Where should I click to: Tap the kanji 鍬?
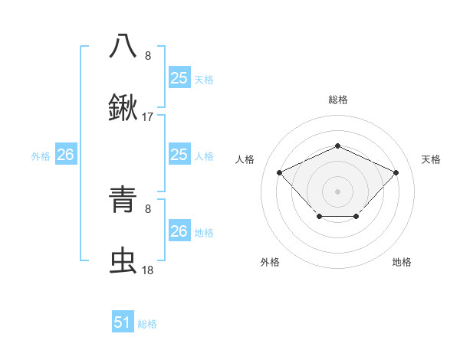[x=123, y=109]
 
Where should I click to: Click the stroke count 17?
[x=148, y=117]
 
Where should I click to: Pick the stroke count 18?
[x=148, y=270]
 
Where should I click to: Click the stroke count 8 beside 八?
[x=148, y=55]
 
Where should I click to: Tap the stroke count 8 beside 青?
[x=148, y=208]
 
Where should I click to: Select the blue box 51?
[x=123, y=322]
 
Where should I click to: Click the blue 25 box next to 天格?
[x=179, y=78]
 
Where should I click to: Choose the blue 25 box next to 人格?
[x=179, y=155]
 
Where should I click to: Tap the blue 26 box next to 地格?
[x=179, y=231]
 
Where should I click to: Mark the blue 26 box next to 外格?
[x=65, y=155]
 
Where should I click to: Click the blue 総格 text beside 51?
[x=147, y=324]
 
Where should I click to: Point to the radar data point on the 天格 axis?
[x=396, y=172]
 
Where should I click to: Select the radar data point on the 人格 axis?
[x=280, y=172]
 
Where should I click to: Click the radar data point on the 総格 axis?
[x=337, y=146]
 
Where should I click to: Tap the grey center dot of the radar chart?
[x=337, y=191]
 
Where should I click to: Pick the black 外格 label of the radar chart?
[x=270, y=262]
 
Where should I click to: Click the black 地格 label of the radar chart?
[x=402, y=262]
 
